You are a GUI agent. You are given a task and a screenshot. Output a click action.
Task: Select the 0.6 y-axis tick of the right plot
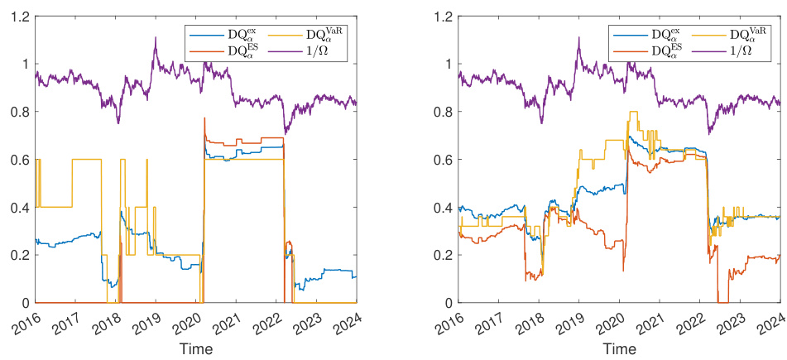(442, 160)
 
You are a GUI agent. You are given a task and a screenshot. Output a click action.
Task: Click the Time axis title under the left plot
(195, 349)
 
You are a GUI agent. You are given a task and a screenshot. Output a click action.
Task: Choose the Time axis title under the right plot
(620, 349)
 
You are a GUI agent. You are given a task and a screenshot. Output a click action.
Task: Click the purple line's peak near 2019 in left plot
(154, 37)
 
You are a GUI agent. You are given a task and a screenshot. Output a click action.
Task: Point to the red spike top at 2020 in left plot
(204, 118)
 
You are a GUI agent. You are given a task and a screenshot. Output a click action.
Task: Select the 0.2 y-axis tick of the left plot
(18, 255)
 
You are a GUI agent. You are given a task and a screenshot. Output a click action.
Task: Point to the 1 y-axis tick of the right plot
(446, 64)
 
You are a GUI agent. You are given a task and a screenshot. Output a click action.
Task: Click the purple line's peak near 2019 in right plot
(578, 37)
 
